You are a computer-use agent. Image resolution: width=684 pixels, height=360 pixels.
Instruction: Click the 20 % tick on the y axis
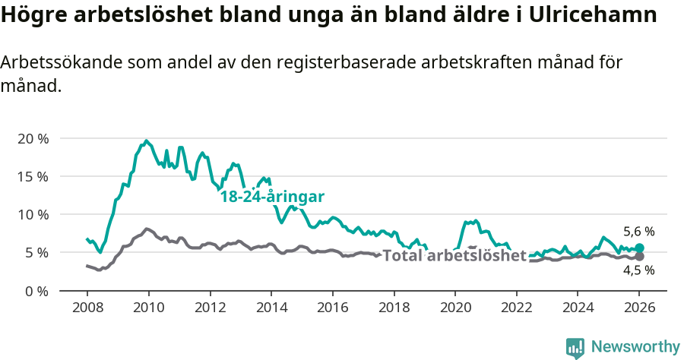32,138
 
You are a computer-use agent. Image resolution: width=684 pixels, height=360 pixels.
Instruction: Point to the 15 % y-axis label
32,176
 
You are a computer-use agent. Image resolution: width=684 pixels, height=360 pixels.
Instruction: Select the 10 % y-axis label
32,214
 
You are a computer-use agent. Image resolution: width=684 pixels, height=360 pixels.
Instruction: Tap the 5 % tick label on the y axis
35,252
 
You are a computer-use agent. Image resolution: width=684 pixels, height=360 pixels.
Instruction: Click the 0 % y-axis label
35,290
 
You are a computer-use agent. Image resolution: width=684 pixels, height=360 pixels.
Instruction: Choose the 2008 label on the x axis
87,308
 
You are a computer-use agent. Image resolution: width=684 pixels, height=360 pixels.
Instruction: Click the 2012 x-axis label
210,308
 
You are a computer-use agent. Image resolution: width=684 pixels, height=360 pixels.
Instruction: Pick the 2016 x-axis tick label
332,308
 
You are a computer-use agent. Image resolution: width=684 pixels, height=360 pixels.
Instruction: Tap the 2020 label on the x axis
454,308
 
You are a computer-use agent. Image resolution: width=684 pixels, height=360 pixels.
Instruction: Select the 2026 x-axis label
639,308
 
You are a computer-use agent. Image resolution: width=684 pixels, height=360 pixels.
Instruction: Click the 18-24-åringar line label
272,197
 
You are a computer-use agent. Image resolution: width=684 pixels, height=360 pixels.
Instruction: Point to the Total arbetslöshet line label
454,256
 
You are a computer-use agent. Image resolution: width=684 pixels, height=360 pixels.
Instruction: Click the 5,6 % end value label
638,232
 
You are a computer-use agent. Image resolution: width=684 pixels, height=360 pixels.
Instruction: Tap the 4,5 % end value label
638,270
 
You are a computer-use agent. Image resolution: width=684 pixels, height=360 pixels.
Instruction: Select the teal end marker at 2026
639,248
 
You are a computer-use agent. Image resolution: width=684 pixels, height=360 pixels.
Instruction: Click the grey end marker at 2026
639,257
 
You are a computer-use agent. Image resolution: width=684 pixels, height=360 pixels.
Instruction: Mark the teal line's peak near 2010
145,141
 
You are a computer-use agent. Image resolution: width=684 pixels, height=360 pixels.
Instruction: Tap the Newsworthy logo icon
575,348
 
